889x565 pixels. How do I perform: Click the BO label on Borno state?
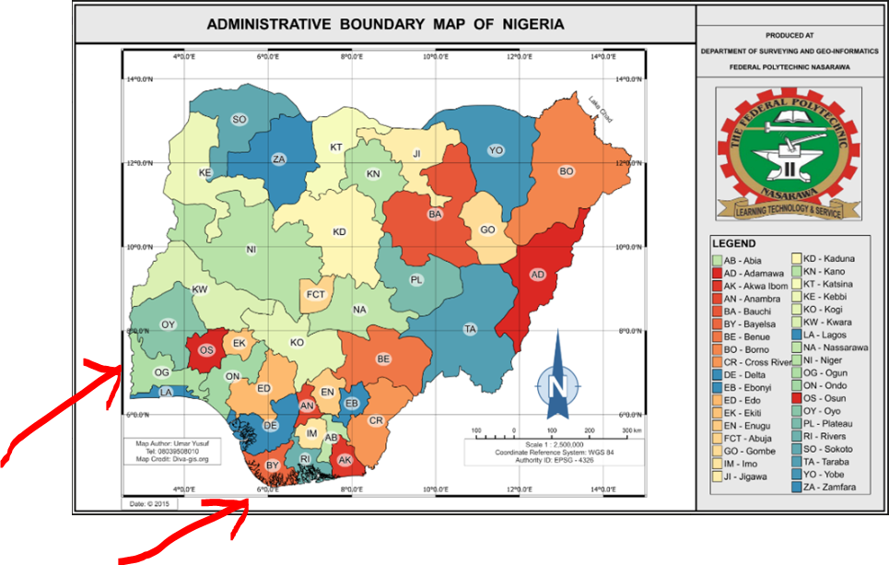coord(567,171)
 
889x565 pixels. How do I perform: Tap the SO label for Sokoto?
coord(240,119)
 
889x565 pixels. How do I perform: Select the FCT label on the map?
coord(316,294)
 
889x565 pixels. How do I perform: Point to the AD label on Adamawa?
coord(538,275)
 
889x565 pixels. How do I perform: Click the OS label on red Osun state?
coord(206,350)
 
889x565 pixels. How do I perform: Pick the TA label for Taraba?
coord(470,329)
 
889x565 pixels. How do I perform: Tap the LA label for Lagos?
coord(167,393)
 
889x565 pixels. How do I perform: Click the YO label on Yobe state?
coord(497,149)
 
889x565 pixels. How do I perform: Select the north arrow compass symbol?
coord(557,378)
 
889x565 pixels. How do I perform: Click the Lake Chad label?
coord(601,109)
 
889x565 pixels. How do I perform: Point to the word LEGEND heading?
coord(734,243)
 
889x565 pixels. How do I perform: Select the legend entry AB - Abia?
coord(743,261)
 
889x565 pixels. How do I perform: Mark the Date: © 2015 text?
coord(150,503)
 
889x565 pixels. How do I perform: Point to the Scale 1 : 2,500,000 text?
coord(550,444)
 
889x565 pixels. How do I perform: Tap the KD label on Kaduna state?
coord(339,231)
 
